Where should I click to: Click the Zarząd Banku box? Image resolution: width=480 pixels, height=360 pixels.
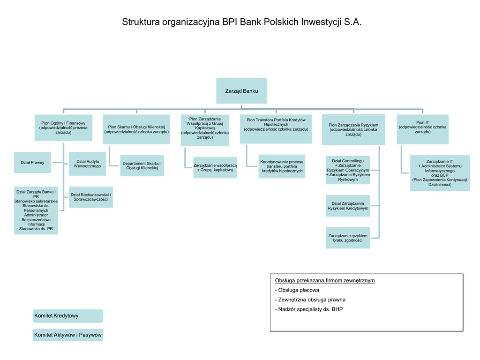[x=241, y=91]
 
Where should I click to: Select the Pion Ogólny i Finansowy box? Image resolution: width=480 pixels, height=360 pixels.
[x=63, y=127]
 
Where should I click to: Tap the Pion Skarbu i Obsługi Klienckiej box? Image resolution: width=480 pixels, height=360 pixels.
[x=136, y=129]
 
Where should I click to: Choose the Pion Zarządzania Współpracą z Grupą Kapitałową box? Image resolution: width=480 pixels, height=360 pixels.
[x=205, y=130]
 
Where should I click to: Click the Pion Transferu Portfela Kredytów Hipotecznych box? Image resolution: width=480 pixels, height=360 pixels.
[x=276, y=129]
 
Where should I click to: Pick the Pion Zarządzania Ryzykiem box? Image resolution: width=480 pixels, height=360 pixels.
[x=353, y=129]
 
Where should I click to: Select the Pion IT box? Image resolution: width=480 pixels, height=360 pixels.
[x=422, y=129]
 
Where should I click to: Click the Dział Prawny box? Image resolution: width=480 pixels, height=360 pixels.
[x=32, y=163]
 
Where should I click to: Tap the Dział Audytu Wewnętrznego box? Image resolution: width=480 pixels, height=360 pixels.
[x=87, y=164]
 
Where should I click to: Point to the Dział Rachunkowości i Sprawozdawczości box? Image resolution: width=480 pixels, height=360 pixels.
[x=91, y=197]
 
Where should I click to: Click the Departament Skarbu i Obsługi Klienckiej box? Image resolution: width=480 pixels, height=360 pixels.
[x=142, y=165]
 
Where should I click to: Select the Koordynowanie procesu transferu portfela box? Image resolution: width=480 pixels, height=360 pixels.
[x=282, y=166]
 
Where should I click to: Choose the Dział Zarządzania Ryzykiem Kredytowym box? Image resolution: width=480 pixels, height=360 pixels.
[x=348, y=206]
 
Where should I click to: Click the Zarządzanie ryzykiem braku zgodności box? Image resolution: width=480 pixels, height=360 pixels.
[x=348, y=238]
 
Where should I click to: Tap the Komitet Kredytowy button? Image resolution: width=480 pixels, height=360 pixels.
[x=68, y=316]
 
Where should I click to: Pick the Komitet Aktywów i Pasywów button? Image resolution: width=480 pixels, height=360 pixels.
[x=68, y=335]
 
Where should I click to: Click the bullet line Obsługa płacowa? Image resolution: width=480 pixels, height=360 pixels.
[x=297, y=290]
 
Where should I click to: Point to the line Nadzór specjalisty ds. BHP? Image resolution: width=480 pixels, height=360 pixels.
[x=309, y=309]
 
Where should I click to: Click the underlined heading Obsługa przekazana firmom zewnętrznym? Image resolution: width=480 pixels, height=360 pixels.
[x=325, y=280]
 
